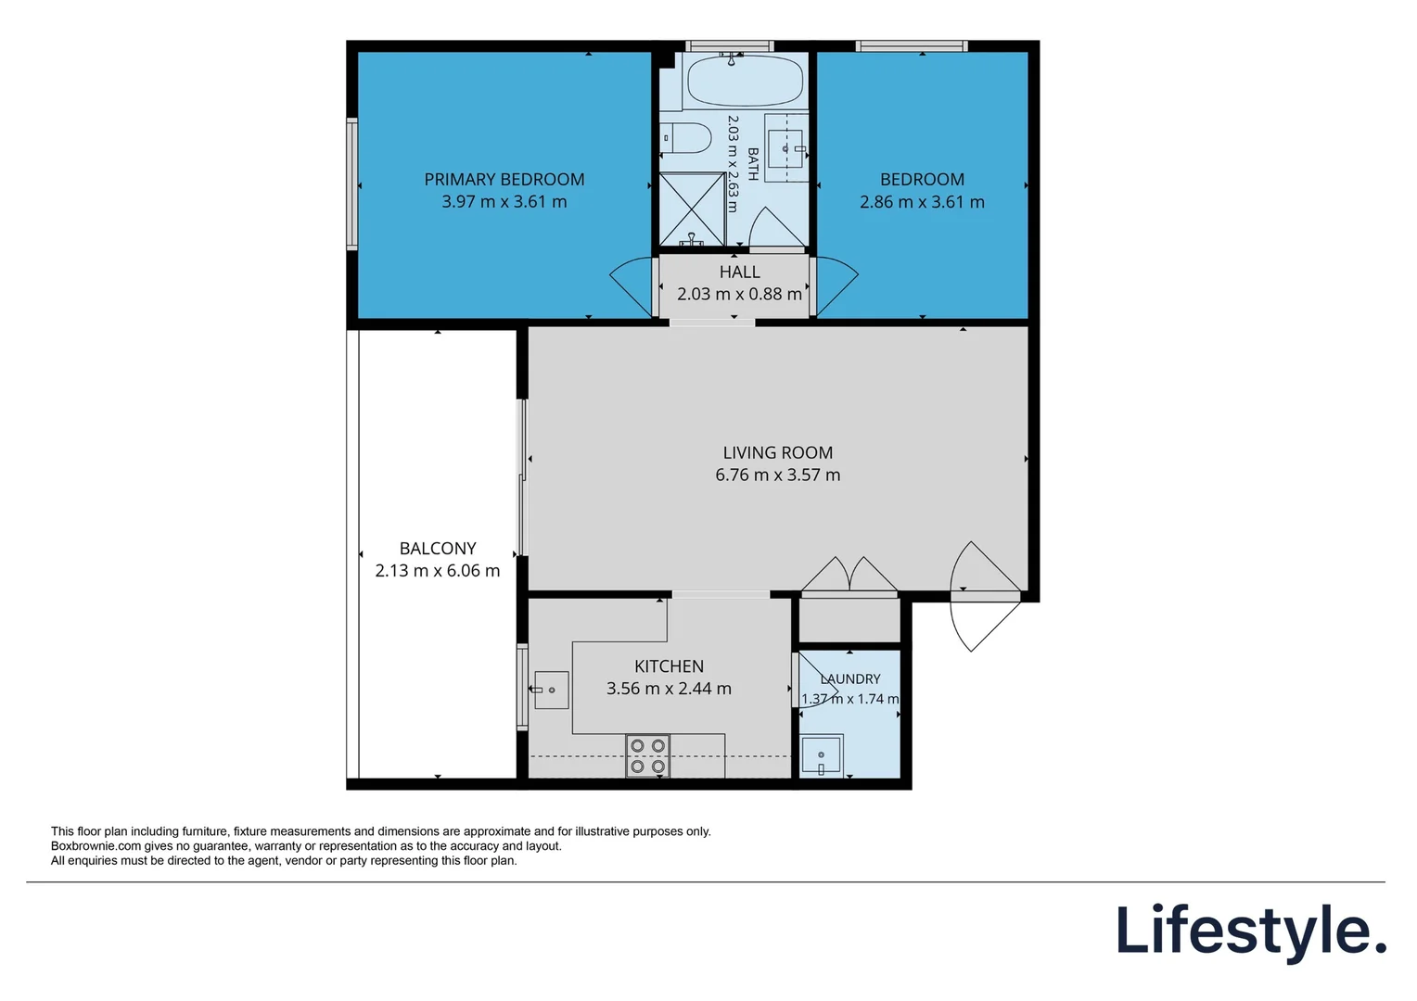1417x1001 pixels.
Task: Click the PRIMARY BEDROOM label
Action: pos(504,180)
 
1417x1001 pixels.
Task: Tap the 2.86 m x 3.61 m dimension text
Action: pos(922,202)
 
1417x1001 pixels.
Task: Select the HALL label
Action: pos(739,272)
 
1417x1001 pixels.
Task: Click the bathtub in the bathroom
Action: pos(746,81)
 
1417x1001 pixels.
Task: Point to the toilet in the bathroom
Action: pos(685,138)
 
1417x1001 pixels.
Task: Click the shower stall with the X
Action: pos(692,209)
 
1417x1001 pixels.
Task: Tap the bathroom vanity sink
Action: pos(785,148)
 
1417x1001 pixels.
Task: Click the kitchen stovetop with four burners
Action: pos(648,755)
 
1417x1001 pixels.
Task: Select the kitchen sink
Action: pos(551,690)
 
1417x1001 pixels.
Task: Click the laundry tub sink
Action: pos(822,754)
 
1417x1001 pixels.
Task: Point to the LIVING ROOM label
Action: pos(778,452)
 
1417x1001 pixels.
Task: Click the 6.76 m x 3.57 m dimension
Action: pos(778,475)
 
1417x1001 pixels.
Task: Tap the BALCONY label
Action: pos(438,549)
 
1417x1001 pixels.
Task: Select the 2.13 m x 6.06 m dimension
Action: pos(438,571)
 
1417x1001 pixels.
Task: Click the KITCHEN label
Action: pos(670,666)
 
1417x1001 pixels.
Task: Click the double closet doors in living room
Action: pos(849,574)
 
